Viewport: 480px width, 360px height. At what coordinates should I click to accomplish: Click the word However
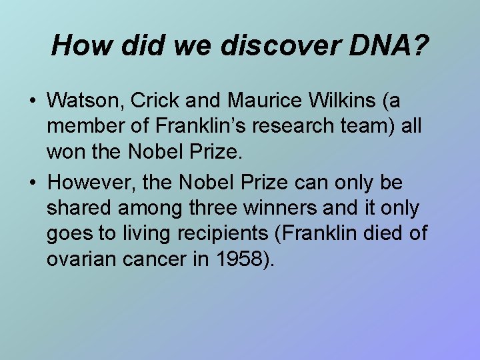(x=89, y=182)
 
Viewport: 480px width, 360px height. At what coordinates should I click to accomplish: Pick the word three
(x=228, y=208)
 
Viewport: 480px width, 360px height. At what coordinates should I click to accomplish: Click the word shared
(x=80, y=208)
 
